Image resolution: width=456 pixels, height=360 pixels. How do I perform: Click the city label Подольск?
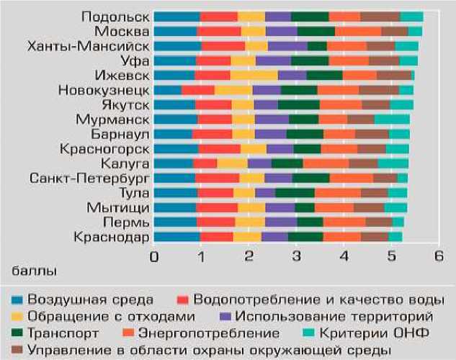coord(115,17)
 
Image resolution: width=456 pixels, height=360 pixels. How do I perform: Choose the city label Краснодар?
coord(110,237)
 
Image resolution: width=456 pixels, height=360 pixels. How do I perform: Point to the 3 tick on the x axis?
coord(296,256)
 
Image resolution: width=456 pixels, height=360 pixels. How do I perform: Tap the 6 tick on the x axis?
coord(438,256)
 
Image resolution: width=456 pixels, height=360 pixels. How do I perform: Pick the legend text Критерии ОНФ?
coord(383,333)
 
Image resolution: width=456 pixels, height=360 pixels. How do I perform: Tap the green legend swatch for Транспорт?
coord(16,333)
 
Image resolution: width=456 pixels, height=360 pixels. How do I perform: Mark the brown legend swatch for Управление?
coord(16,351)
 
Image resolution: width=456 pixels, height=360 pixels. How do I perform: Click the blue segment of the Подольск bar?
coord(176,17)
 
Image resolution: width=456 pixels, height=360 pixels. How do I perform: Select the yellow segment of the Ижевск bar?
coord(254,76)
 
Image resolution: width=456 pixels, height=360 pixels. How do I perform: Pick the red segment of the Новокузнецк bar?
coord(198,90)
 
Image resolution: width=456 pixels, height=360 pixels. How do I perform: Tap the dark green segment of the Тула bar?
coord(295,193)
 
